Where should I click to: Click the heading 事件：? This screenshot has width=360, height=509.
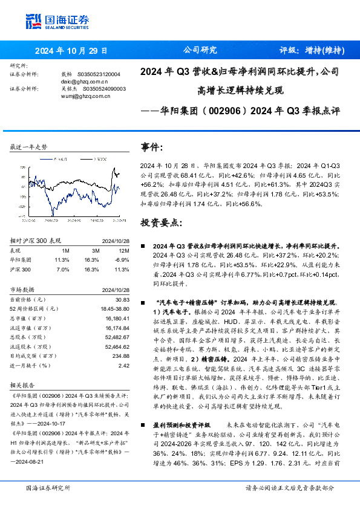pos(152,147)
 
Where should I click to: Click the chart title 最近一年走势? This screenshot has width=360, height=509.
pos(29,147)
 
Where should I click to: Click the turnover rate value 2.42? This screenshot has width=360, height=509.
pos(124,365)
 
